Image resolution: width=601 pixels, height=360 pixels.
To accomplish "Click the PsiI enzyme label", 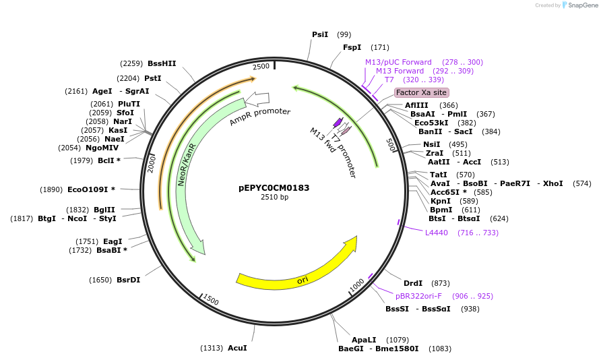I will pyautogui.click(x=320, y=34).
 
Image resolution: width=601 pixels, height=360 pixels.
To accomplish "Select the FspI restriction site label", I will pyautogui.click(x=352, y=47).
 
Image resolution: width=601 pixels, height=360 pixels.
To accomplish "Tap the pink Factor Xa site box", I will pyautogui.click(x=421, y=92).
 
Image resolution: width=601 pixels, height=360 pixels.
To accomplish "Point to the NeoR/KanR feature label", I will pyautogui.click(x=187, y=164).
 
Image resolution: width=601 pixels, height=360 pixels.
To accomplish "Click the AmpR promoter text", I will pyautogui.click(x=259, y=117).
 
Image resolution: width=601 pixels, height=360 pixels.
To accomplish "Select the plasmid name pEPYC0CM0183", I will pyautogui.click(x=274, y=188).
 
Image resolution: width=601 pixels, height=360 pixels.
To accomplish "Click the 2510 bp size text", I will pyautogui.click(x=274, y=198).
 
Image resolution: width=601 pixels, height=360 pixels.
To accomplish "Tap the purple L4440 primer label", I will pyautogui.click(x=436, y=233).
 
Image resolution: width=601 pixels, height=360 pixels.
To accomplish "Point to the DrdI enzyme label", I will pyautogui.click(x=412, y=283).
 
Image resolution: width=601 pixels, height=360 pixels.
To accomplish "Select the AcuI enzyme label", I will pyautogui.click(x=237, y=348).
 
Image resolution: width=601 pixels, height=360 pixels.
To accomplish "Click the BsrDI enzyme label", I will pyautogui.click(x=128, y=280).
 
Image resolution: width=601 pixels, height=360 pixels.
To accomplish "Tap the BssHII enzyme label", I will pyautogui.click(x=162, y=63).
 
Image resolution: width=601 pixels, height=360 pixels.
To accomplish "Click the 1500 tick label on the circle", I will pyautogui.click(x=211, y=300).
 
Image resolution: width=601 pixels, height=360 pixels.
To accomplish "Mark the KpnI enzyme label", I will pyautogui.click(x=441, y=201).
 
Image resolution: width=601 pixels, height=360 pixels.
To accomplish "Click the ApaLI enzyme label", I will pyautogui.click(x=364, y=340).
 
